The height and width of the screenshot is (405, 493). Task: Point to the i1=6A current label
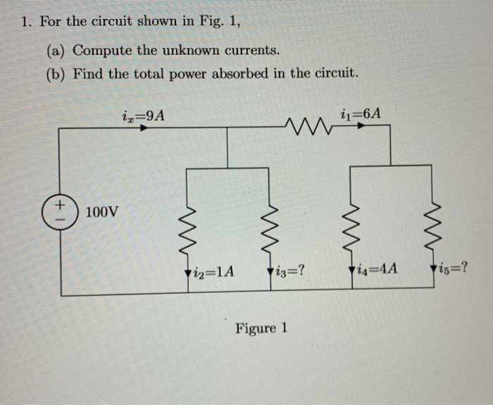tap(365, 113)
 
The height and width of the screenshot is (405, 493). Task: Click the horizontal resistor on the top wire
tap(306, 127)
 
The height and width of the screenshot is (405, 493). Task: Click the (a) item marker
tap(56, 51)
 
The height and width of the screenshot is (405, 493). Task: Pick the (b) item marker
tap(56, 73)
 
